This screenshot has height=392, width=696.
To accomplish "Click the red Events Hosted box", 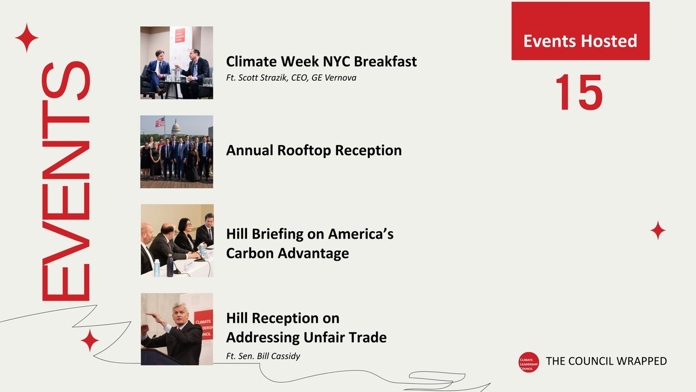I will point(580,31).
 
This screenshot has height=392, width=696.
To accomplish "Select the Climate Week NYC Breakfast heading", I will point(321,61).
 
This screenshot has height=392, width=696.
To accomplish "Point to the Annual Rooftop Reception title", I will point(314,150).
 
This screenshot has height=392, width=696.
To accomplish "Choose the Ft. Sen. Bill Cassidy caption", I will point(263,356).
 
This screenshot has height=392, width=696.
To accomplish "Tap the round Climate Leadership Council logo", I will point(528,361).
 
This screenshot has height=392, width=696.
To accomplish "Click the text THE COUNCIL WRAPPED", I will point(607,361).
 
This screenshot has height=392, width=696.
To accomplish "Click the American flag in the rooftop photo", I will point(159,122).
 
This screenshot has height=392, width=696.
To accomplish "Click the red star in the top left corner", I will point(27,38).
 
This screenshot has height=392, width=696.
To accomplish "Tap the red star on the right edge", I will point(658,231).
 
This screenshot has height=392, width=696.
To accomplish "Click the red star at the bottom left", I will point(89,341).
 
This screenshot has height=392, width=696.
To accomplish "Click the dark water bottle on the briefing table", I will point(170,266).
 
